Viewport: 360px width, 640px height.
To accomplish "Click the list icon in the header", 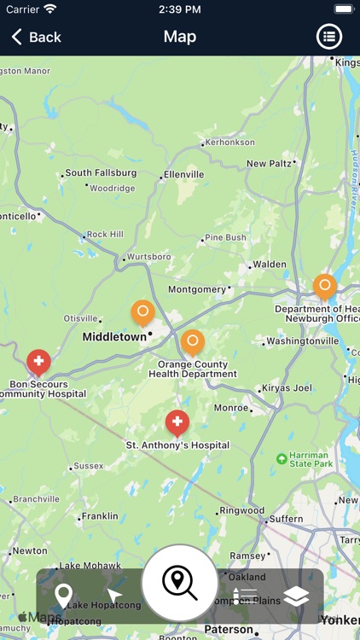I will pyautogui.click(x=329, y=37).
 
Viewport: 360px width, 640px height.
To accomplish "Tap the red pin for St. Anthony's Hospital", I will pyautogui.click(x=177, y=422).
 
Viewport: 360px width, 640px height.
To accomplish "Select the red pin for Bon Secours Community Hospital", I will pyautogui.click(x=38, y=363).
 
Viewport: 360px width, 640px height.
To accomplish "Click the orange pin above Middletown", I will pyautogui.click(x=142, y=313).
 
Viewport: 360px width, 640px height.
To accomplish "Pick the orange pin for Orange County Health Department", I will pyautogui.click(x=193, y=342).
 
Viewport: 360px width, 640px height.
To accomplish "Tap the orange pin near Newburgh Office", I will pyautogui.click(x=324, y=286).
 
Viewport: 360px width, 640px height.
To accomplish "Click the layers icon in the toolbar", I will pyautogui.click(x=296, y=596).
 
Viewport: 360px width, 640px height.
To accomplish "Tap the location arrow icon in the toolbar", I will pyautogui.click(x=114, y=596).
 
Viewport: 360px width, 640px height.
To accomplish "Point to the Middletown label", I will pyautogui.click(x=114, y=337).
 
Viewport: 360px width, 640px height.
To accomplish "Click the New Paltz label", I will pyautogui.click(x=269, y=164).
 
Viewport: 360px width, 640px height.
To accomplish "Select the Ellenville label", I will pyautogui.click(x=184, y=174).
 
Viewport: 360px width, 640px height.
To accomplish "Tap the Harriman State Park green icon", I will pyautogui.click(x=282, y=459).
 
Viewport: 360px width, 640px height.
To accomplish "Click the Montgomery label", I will pyautogui.click(x=197, y=289).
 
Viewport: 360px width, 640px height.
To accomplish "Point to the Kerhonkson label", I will pyautogui.click(x=230, y=143).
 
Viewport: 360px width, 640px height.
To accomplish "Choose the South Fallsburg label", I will pyautogui.click(x=102, y=172).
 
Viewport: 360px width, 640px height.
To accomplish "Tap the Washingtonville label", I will pyautogui.click(x=303, y=341).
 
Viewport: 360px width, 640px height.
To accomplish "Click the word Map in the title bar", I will pyautogui.click(x=180, y=37).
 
